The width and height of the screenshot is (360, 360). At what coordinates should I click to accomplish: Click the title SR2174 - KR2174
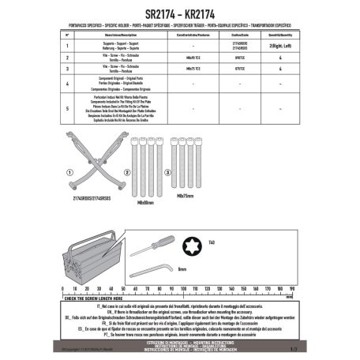click(x=179, y=13)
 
